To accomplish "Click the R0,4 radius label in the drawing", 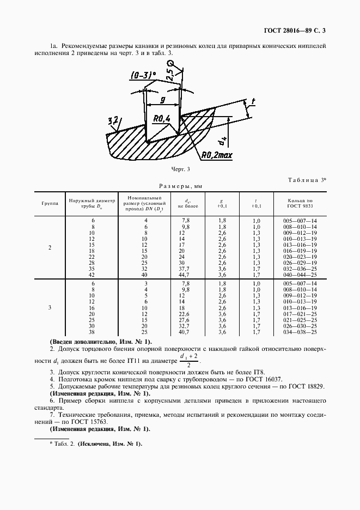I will (162, 118).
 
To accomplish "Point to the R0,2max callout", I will (216, 155).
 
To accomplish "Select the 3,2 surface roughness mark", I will (113, 121).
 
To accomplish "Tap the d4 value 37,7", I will (185, 269).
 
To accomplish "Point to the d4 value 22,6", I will (185, 314).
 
